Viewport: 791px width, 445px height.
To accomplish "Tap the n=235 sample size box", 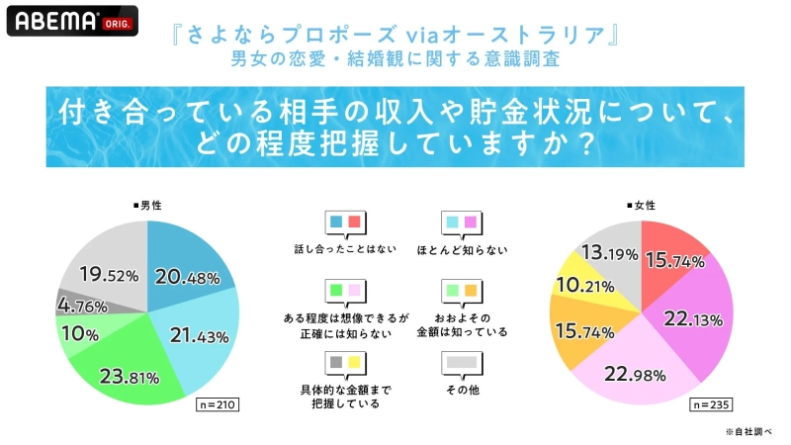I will (x=710, y=405).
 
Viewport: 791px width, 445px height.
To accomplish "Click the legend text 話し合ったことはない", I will (x=345, y=250).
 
